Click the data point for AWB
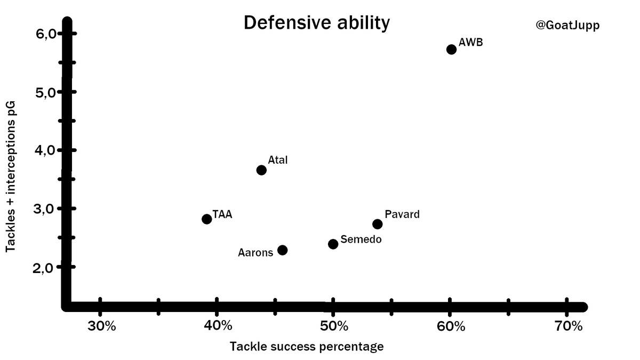(x=451, y=49)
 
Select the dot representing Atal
(x=261, y=170)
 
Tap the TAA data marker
(x=207, y=219)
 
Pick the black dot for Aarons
(x=283, y=250)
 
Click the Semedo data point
(x=333, y=244)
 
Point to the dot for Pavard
(x=378, y=224)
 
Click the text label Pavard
(x=402, y=214)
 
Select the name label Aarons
(x=255, y=252)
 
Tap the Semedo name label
(x=361, y=239)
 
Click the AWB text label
(x=470, y=42)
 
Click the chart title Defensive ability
(x=317, y=23)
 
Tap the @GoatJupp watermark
(x=567, y=25)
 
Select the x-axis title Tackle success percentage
(x=307, y=347)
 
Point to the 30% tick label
(x=101, y=326)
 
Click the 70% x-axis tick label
(x=569, y=326)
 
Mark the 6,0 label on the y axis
(x=45, y=35)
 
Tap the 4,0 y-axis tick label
(x=45, y=150)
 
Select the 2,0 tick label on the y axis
(x=45, y=267)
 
